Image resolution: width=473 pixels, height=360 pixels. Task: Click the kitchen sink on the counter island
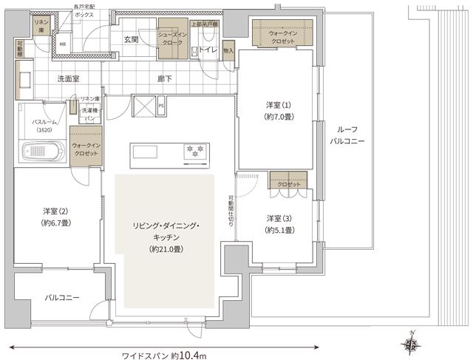(145, 152)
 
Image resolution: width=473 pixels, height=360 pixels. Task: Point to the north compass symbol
(412, 343)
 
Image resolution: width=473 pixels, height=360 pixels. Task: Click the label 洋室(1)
(279, 105)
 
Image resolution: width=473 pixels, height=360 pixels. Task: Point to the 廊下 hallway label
(166, 78)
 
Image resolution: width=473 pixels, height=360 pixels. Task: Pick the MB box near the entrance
(62, 44)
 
